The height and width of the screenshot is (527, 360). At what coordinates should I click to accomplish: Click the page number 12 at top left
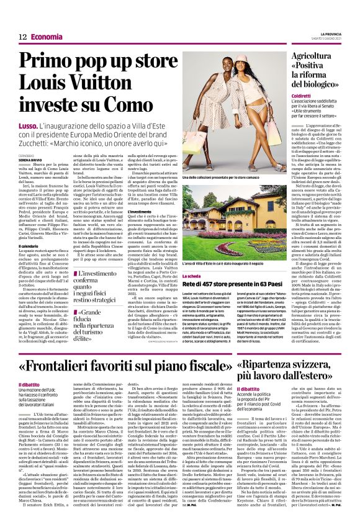22,37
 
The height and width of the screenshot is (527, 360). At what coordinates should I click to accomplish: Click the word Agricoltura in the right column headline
314,56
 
